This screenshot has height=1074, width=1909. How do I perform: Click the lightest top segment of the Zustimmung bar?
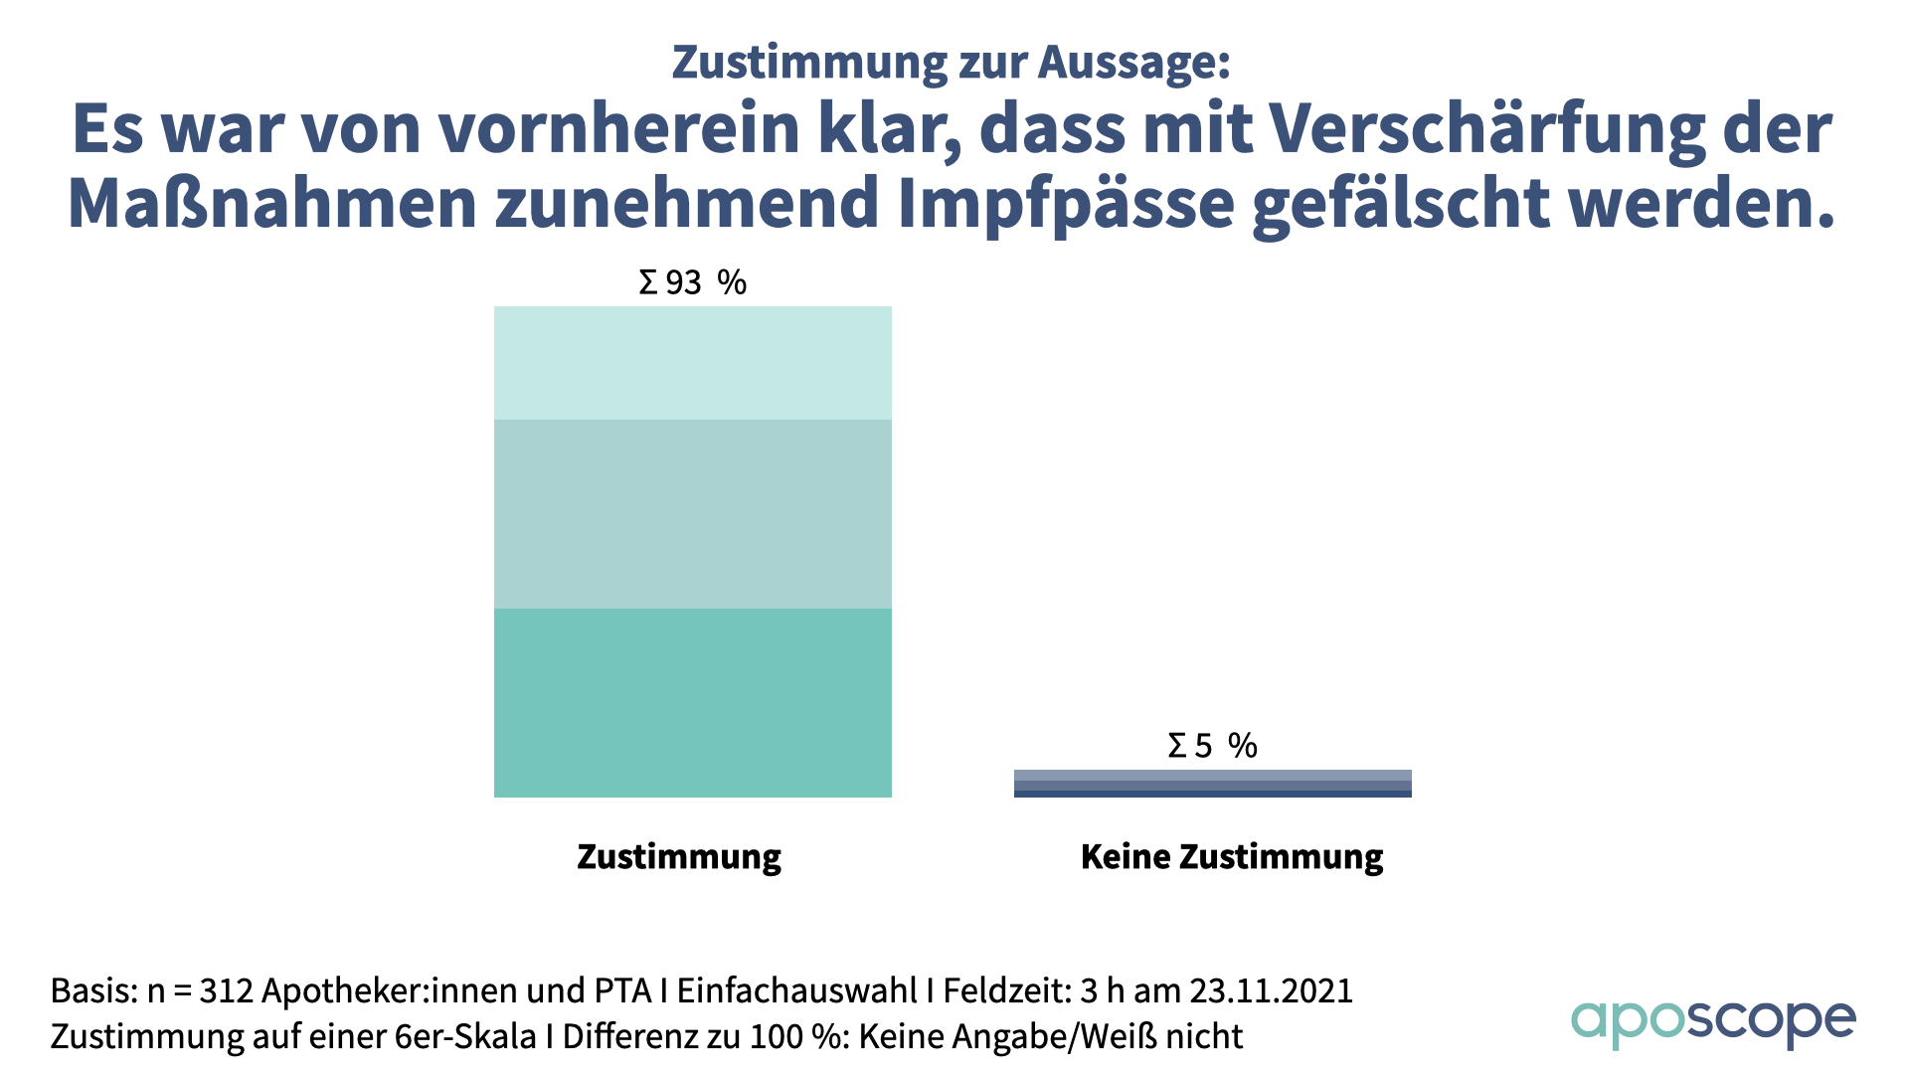pos(692,362)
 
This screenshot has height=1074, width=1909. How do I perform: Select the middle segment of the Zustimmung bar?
pos(692,513)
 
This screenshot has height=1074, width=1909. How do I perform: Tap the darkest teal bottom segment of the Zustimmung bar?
pos(692,702)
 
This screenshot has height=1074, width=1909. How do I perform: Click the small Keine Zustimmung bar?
pos(1212,784)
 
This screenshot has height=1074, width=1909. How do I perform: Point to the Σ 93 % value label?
pos(692,282)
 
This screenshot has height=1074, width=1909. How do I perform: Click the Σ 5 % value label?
pos(1212,745)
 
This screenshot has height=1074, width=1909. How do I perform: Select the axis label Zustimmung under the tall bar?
pos(679,856)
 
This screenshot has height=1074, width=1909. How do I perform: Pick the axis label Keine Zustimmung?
pos(1231,856)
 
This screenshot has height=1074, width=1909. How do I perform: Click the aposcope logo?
pos(1712,1021)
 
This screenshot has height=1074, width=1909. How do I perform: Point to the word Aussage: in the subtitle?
pos(1133,62)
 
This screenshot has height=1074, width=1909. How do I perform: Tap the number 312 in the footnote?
pos(227,990)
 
